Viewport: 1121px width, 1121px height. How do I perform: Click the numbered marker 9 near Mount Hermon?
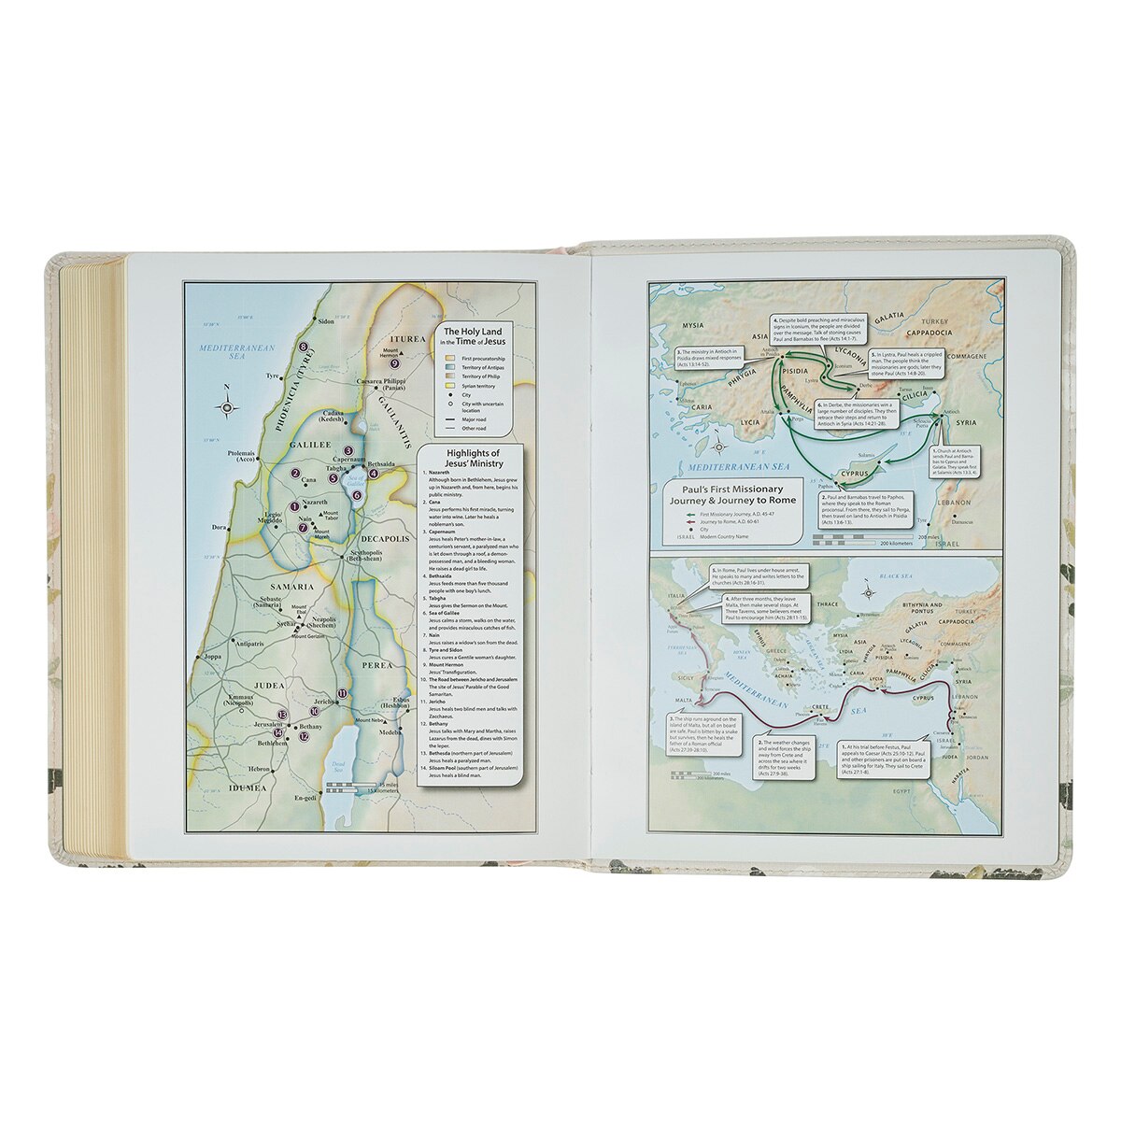point(394,363)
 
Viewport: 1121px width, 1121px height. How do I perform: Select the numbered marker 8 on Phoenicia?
point(304,348)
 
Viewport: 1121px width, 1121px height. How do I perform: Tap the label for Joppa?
point(214,657)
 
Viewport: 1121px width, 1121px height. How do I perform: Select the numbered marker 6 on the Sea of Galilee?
point(357,494)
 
